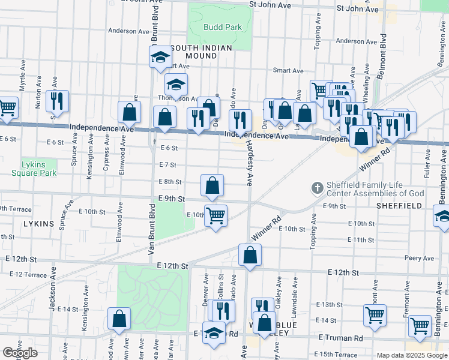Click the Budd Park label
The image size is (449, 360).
[x=222, y=27]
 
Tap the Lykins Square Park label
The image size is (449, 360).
[x=34, y=169]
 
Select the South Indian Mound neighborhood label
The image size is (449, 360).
[x=193, y=52]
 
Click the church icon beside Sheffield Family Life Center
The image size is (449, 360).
[x=318, y=188]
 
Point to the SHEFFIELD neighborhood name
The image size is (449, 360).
[x=399, y=205]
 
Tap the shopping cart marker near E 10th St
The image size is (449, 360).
[x=215, y=215]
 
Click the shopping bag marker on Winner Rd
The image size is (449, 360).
[x=250, y=255]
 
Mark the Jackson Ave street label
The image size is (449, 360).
[x=53, y=295]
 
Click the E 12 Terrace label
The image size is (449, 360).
[x=28, y=274]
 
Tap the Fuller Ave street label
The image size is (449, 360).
[x=427, y=165]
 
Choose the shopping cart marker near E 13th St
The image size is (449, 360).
[x=375, y=314]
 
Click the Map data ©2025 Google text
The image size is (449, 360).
[x=412, y=355]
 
